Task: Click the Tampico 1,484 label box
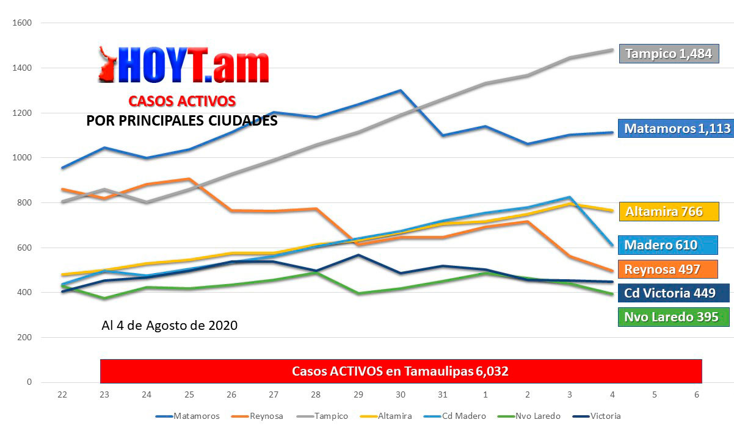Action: pos(669,54)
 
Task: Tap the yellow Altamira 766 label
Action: pos(669,212)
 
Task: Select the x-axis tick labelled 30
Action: pos(401,394)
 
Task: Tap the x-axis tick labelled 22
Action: pos(62,394)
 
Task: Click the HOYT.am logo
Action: pos(184,65)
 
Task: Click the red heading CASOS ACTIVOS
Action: pos(182,101)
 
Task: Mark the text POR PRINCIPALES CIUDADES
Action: pos(182,121)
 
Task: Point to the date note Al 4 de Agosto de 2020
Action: pos(169,326)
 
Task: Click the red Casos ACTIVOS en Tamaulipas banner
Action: pos(401,371)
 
